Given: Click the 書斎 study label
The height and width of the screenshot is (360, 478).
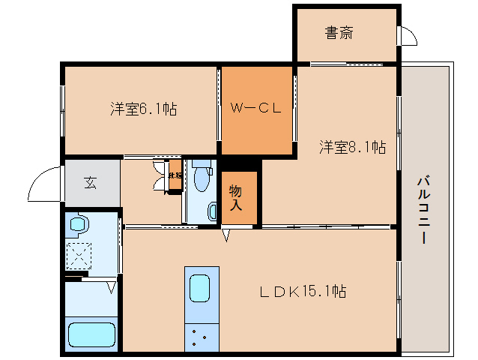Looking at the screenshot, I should [x=339, y=33].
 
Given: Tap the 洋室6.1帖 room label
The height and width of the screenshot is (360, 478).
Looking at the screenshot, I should [x=144, y=109].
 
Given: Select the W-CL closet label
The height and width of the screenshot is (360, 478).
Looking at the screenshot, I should [x=255, y=107].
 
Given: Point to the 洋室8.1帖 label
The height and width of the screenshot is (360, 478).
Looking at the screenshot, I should [x=353, y=147].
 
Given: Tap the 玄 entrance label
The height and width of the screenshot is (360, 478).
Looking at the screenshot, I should [x=90, y=181].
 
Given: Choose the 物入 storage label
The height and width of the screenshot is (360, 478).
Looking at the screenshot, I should [x=235, y=196].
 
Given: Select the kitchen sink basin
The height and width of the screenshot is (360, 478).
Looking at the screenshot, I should [x=200, y=288].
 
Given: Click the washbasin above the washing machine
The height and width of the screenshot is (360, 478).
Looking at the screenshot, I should [x=79, y=223].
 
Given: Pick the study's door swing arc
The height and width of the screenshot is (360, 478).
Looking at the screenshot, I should [x=408, y=35].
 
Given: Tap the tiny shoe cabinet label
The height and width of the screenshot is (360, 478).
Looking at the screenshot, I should [x=174, y=175].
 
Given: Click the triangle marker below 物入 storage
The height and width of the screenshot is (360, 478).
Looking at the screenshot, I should [x=226, y=236].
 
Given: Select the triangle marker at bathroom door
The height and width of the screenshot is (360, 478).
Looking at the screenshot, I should [x=112, y=286].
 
